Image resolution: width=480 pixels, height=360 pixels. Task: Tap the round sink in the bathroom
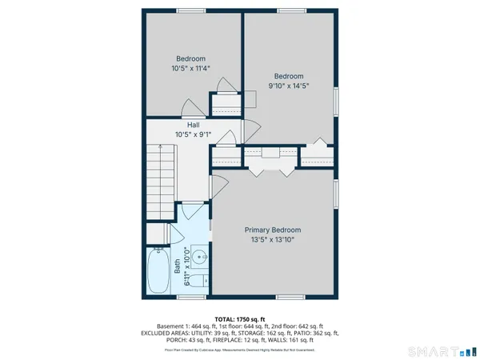tap(196, 258)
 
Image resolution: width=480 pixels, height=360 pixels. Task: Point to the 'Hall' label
tap(193, 125)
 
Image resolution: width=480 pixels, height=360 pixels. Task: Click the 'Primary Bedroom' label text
tap(273, 230)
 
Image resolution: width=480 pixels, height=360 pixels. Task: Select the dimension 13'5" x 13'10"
tap(273, 239)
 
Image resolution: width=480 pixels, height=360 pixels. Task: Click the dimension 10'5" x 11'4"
tap(190, 68)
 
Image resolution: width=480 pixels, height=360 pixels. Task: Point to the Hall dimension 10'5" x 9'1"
tap(193, 134)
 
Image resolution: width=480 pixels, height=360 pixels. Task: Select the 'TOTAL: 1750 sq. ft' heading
tap(239, 318)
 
